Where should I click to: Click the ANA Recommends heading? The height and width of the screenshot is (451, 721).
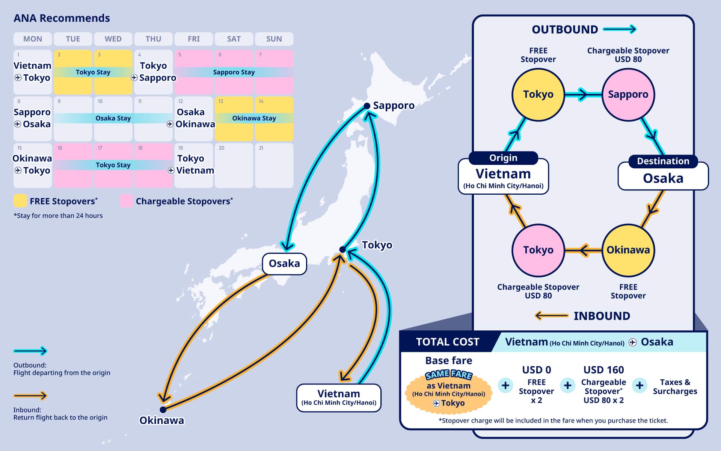[62, 18]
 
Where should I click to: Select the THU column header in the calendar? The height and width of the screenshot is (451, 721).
[153, 39]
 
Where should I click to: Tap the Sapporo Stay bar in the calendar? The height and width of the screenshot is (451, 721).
[234, 72]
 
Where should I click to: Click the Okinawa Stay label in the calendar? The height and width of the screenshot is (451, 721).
[254, 118]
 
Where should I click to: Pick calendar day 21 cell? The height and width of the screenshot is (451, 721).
[274, 165]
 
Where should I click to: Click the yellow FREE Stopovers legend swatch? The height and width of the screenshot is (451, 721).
[20, 201]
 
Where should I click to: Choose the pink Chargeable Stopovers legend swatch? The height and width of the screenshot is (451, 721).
[126, 201]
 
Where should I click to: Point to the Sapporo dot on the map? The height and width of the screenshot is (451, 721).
[367, 106]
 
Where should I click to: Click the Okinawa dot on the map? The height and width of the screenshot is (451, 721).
[163, 410]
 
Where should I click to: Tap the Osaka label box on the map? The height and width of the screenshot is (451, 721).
[284, 263]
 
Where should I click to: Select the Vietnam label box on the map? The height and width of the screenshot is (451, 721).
[339, 398]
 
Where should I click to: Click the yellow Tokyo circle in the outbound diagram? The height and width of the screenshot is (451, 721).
[538, 94]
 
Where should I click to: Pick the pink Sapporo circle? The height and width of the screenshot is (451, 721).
[628, 94]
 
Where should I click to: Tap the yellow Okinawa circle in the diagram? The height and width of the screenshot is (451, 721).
[628, 250]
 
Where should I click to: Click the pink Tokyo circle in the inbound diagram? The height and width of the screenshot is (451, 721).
[538, 250]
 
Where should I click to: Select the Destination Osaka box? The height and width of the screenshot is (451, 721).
[663, 175]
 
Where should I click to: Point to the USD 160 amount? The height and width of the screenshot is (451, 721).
[603, 370]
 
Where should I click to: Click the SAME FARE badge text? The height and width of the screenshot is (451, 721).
[448, 374]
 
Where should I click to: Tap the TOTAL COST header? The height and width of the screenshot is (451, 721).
[448, 342]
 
